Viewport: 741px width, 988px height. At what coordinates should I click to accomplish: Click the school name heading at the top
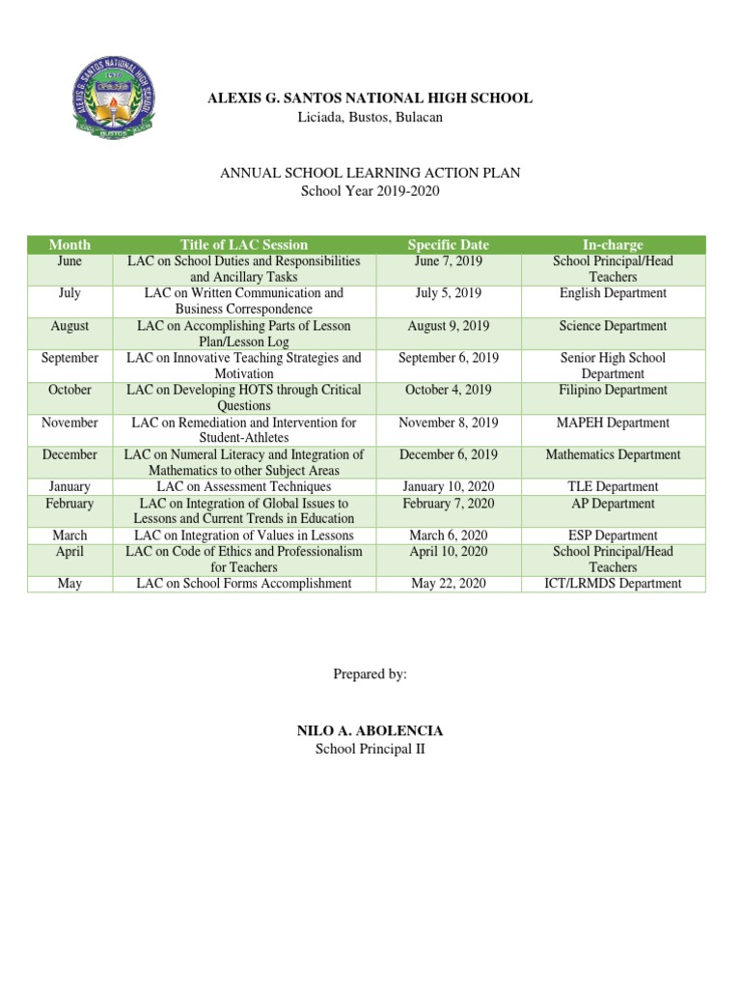click(x=370, y=98)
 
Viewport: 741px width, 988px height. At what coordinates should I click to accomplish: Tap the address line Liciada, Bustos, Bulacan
click(x=370, y=117)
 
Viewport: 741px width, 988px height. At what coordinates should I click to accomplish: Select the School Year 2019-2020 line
click(x=370, y=191)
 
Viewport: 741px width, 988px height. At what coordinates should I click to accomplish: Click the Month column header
click(x=69, y=245)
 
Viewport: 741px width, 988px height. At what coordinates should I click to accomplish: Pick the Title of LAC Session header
click(x=244, y=245)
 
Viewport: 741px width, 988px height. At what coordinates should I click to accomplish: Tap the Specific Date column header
click(x=449, y=245)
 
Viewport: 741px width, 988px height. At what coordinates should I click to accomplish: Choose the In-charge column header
click(x=613, y=245)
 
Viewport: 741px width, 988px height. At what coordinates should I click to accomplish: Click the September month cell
click(x=69, y=358)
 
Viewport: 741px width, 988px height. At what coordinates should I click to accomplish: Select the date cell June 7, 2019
click(x=449, y=261)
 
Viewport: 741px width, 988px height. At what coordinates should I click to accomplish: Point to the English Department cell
click(x=613, y=293)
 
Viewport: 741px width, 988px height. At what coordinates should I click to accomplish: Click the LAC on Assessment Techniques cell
click(x=244, y=487)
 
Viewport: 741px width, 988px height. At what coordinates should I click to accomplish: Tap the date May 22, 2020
click(x=449, y=584)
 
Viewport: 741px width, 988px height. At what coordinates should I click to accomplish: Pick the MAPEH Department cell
click(x=613, y=423)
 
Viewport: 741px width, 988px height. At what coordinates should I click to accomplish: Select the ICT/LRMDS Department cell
click(x=613, y=584)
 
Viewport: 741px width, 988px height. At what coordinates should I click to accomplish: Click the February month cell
click(x=69, y=504)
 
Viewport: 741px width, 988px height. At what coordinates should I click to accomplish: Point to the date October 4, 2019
click(x=449, y=390)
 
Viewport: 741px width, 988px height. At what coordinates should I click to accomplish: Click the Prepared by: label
click(x=370, y=674)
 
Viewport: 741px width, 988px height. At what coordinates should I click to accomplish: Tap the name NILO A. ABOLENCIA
click(x=370, y=732)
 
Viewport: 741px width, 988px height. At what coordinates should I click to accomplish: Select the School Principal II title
click(x=370, y=751)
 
